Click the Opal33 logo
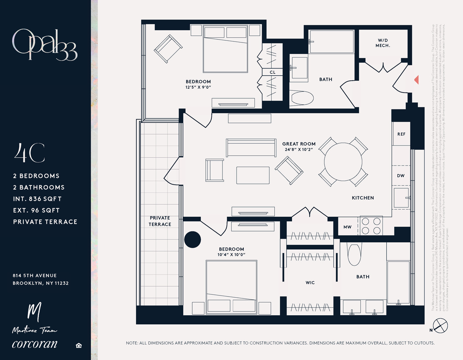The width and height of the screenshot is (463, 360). tap(45, 45)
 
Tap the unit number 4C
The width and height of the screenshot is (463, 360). tap(30, 153)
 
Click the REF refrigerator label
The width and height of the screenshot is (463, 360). tap(401, 134)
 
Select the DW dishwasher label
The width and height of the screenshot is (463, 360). tap(401, 176)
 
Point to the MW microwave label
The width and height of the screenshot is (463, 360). tap(347, 227)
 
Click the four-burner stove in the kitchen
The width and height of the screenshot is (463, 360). tap(371, 226)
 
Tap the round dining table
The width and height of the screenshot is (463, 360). tap(343, 162)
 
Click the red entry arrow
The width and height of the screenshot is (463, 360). tap(417, 80)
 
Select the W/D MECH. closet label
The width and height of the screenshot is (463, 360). tap(383, 43)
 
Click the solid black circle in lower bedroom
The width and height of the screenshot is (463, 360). tap(193, 239)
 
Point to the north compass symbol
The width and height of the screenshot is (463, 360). tap(440, 326)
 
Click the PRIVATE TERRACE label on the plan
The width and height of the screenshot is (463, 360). tap(160, 221)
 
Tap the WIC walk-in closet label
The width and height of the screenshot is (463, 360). tap(310, 283)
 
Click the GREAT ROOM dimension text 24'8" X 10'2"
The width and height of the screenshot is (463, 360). tap(299, 149)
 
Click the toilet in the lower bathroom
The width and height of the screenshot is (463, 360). tap(354, 254)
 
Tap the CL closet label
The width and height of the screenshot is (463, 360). tap(273, 72)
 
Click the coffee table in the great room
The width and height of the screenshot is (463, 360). tap(253, 175)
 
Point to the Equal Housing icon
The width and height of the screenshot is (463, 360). tap(79, 346)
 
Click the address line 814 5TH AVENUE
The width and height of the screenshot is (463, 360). tap(35, 275)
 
